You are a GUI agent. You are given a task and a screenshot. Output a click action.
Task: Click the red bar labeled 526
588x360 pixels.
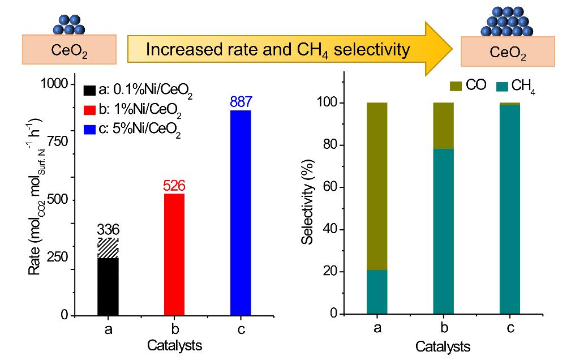[174, 254]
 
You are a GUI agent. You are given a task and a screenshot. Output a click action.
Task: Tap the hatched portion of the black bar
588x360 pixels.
[108, 248]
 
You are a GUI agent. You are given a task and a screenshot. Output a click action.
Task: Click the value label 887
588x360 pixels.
[241, 102]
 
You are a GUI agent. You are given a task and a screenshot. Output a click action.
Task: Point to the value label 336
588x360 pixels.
[108, 230]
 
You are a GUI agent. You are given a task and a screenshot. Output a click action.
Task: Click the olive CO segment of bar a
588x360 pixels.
[377, 186]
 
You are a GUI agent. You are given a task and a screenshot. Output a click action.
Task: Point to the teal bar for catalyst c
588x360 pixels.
[509, 209]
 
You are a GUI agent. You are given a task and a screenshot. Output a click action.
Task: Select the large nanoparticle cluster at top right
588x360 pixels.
[509, 21]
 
